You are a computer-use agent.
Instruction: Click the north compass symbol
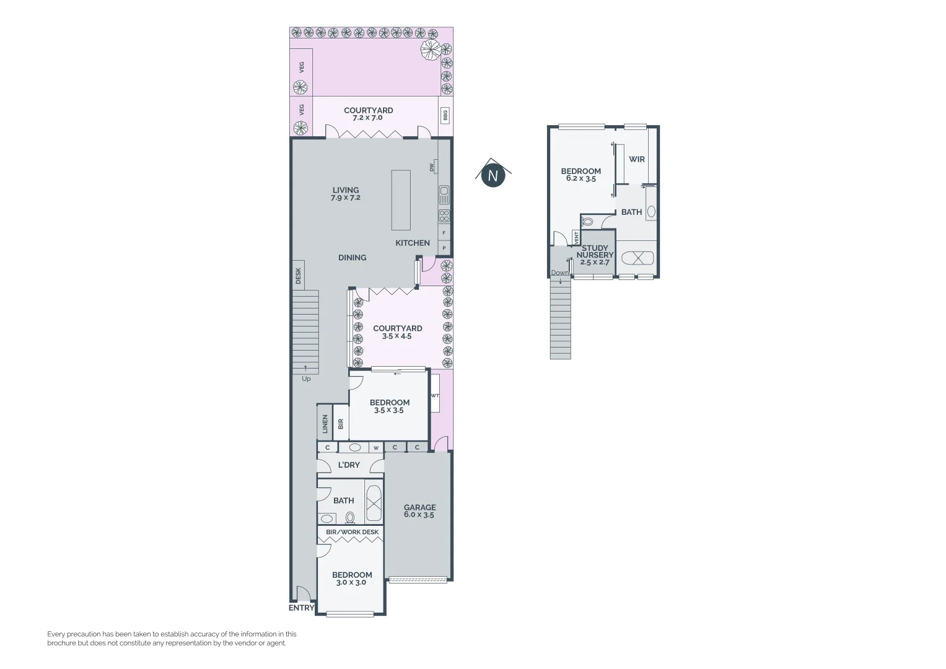493,175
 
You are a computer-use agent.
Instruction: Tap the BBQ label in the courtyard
445,115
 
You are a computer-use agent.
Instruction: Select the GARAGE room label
419,507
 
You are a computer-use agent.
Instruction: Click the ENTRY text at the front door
302,608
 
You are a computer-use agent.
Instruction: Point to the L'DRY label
349,465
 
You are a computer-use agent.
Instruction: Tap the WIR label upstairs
637,159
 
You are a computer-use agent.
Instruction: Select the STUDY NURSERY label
595,251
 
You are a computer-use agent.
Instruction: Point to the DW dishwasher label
431,167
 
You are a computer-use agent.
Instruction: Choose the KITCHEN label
413,243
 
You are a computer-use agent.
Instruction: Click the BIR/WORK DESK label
352,532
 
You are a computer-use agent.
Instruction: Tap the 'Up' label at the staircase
306,378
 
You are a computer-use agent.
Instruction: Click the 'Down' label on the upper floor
559,273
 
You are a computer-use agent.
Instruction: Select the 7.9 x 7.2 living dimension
346,198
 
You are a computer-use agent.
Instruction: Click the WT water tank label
435,396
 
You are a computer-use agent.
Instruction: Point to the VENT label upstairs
577,237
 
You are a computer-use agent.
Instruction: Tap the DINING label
352,258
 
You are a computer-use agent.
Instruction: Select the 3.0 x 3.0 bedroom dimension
351,582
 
